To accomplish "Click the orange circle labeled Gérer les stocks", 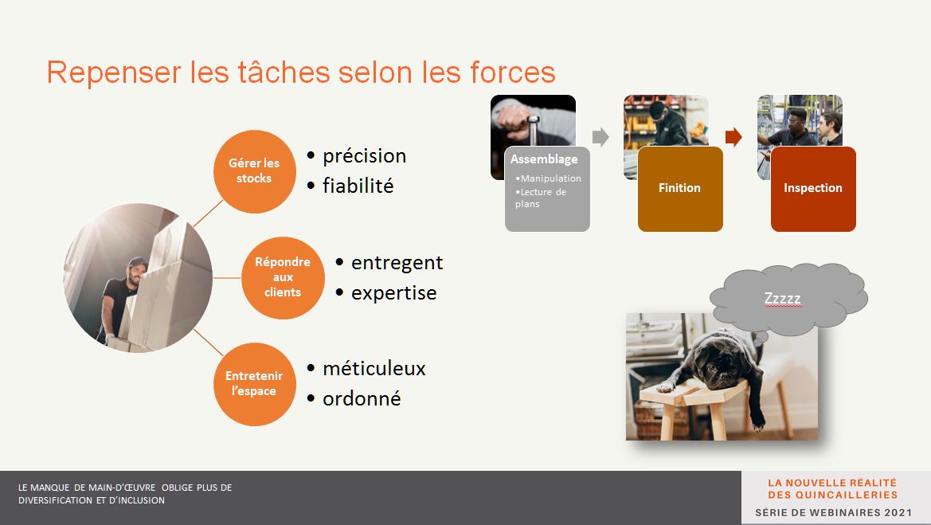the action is coord(255,171).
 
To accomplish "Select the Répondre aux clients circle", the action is coord(284,277).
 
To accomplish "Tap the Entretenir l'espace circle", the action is coord(255,384).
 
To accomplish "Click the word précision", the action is coord(365,156).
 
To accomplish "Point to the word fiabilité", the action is coord(358,186).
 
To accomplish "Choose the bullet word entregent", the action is coord(397,263).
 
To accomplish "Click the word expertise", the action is coord(393,293).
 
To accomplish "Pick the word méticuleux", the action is coord(374,369).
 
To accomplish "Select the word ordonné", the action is coord(362,398).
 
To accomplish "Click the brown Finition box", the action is coord(680,189).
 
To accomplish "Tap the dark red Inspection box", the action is coord(813,189).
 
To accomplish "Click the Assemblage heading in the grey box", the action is coord(544,159).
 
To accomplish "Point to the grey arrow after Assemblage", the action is coord(600,136).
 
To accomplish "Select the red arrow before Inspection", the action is coord(733,136).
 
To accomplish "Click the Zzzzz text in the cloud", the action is coord(783,298).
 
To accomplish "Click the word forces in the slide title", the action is coord(512,72).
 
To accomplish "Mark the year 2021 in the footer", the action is coord(898,512).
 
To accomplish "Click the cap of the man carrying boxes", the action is coord(137,262).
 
